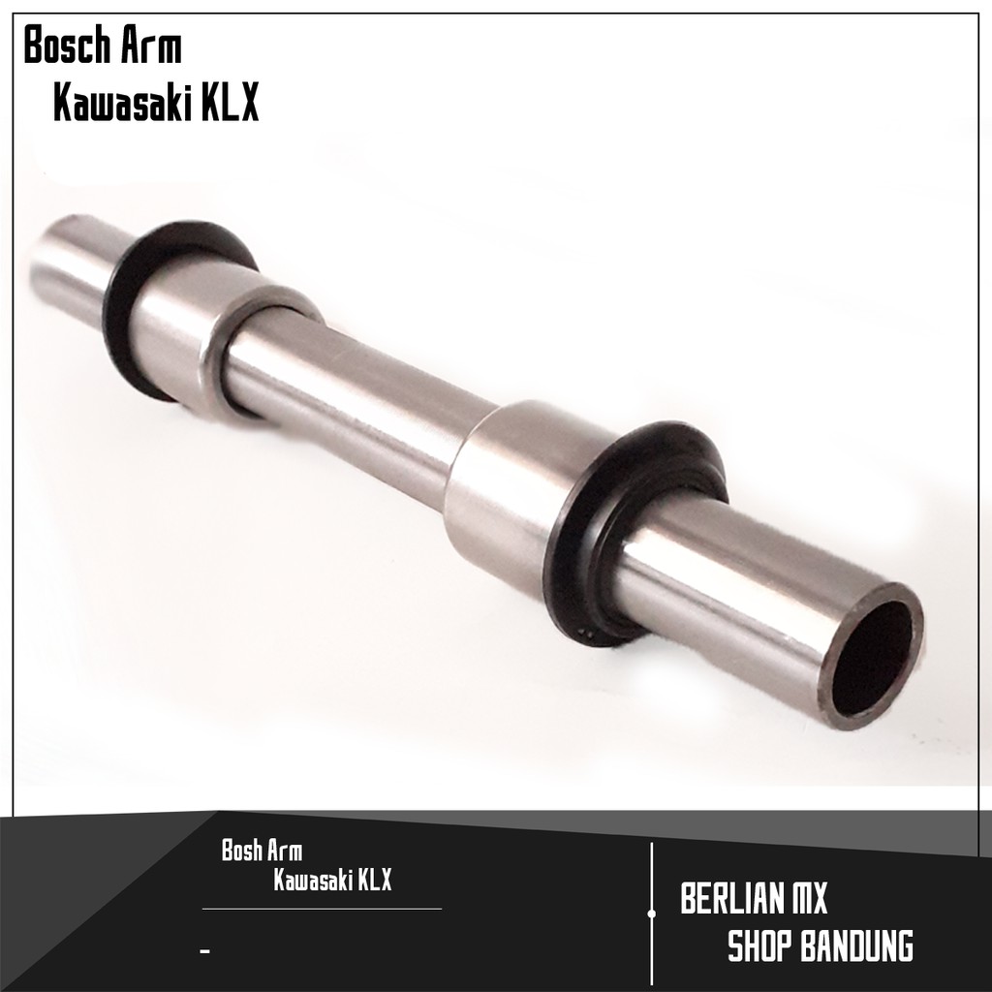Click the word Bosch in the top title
(68, 46)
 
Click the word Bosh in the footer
(241, 851)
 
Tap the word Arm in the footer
(284, 851)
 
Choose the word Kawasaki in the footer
(312, 880)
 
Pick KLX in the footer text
(374, 880)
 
